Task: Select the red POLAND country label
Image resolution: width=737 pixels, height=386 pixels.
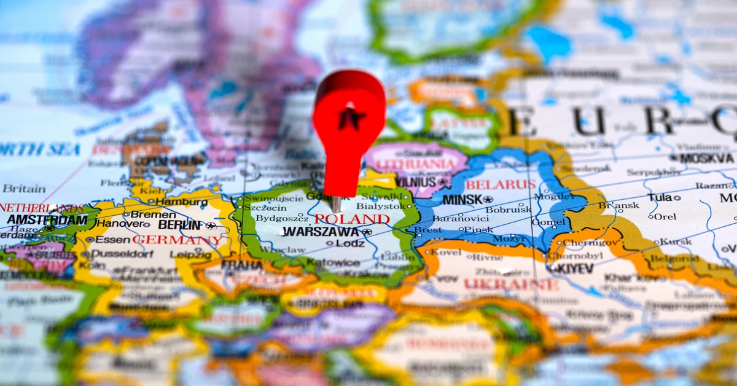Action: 352,219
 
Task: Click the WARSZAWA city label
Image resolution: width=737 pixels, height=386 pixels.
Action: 321,232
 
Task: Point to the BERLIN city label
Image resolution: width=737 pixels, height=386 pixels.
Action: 180,225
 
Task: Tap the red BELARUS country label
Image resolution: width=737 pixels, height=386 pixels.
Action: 501,184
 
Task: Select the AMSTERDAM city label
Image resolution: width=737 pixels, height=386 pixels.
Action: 47,219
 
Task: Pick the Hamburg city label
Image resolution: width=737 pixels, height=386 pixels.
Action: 181,202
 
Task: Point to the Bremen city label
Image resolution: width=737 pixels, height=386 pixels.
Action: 145,214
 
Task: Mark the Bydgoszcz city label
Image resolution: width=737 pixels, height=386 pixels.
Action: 282,218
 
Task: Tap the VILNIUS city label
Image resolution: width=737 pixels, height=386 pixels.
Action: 416,182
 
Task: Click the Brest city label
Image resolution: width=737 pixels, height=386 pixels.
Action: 428,230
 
